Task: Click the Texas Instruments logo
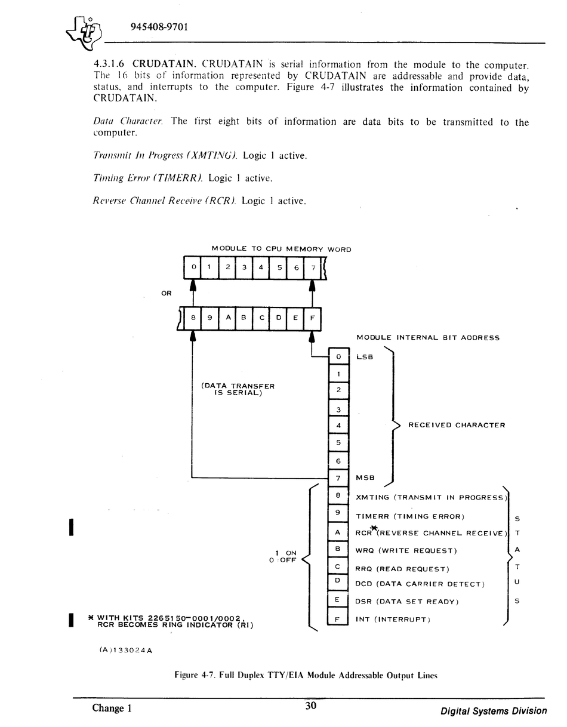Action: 84,34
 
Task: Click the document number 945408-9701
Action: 159,27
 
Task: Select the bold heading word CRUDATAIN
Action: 164,63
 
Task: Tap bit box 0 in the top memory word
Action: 193,267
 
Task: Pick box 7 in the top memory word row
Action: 313,267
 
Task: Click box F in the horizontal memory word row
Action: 312,318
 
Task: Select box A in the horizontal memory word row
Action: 227,318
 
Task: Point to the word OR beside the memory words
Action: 167,294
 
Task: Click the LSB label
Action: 365,357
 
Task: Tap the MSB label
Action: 365,478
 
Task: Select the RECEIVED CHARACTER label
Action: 457,425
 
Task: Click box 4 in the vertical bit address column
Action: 338,426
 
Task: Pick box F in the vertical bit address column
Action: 338,618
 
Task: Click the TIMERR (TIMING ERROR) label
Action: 410,516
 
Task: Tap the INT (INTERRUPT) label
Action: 393,620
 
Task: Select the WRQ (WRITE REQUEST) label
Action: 406,551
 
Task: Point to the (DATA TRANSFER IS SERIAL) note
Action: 238,389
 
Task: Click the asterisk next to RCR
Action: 374,529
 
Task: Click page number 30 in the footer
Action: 310,706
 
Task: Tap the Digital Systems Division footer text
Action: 494,711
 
